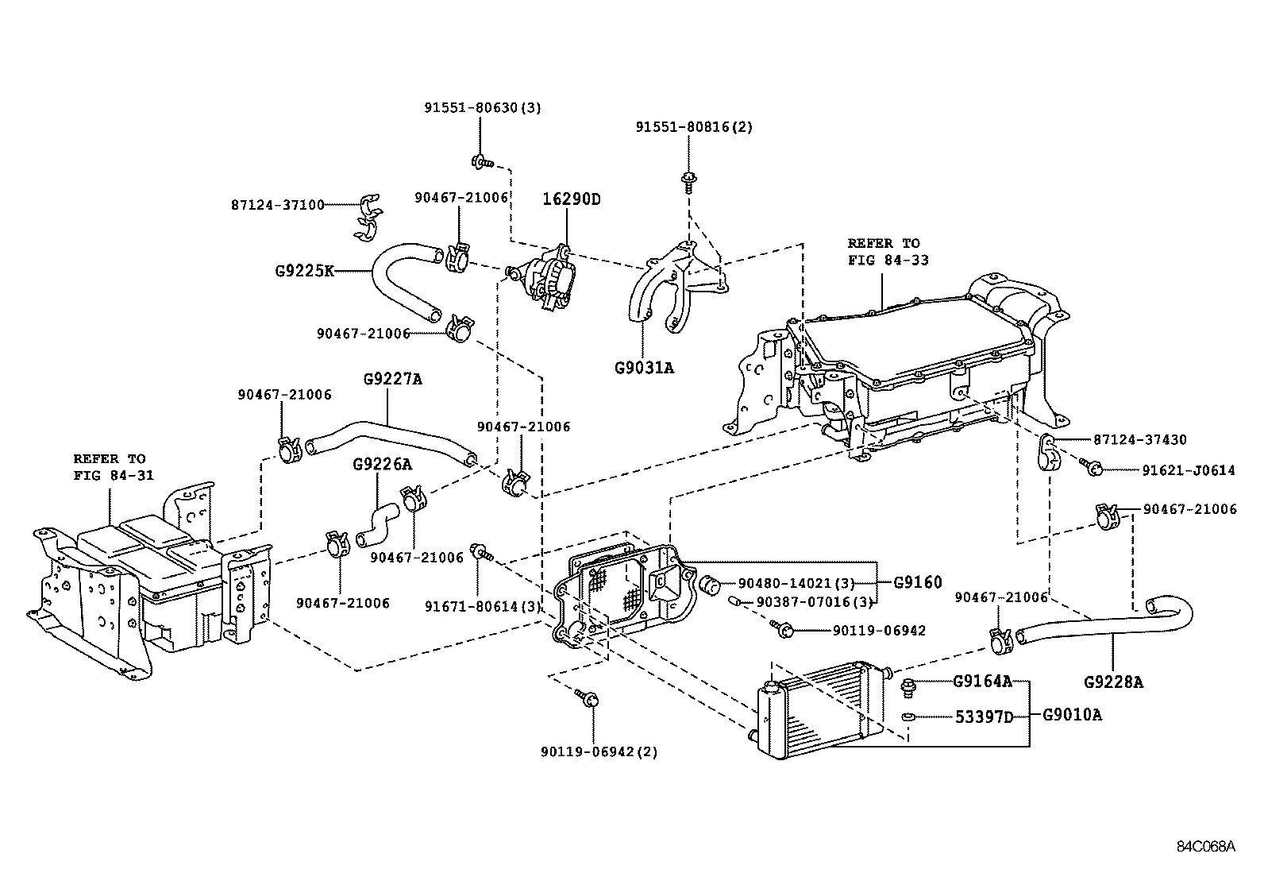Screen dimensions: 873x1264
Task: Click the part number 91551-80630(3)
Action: click(481, 107)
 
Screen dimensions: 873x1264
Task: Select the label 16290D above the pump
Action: click(571, 199)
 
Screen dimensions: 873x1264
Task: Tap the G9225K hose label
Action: click(304, 271)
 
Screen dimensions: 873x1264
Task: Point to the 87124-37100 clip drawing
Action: click(366, 216)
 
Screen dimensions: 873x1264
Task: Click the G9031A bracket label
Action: click(644, 368)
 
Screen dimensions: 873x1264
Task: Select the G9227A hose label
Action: click(392, 380)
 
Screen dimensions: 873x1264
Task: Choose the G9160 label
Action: click(917, 582)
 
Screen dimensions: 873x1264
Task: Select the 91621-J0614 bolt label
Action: click(1189, 470)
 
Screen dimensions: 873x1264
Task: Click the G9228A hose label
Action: click(1113, 682)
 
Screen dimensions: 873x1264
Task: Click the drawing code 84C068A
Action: click(1205, 846)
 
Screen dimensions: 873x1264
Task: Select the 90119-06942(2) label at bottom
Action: click(600, 751)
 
